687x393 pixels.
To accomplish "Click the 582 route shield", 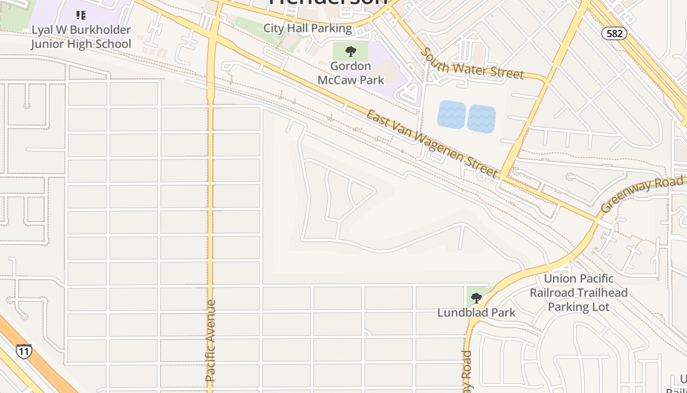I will (x=614, y=33).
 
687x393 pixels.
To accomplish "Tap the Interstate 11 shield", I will (x=24, y=351).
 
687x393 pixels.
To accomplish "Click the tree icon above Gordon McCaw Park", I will (x=350, y=51).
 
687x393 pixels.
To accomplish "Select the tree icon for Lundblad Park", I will (x=476, y=298).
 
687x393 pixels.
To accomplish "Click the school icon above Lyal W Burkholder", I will (x=81, y=15).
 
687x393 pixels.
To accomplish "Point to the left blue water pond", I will (x=451, y=114).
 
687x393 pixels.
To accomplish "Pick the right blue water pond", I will (x=481, y=119).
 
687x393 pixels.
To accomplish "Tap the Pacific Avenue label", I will (x=211, y=340).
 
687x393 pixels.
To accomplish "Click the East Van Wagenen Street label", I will (x=432, y=143).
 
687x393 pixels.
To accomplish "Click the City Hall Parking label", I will (x=308, y=28).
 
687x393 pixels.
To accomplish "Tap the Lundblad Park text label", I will (x=476, y=312).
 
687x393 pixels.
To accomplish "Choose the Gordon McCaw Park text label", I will (x=350, y=73).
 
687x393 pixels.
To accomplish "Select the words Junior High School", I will (x=81, y=44).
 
